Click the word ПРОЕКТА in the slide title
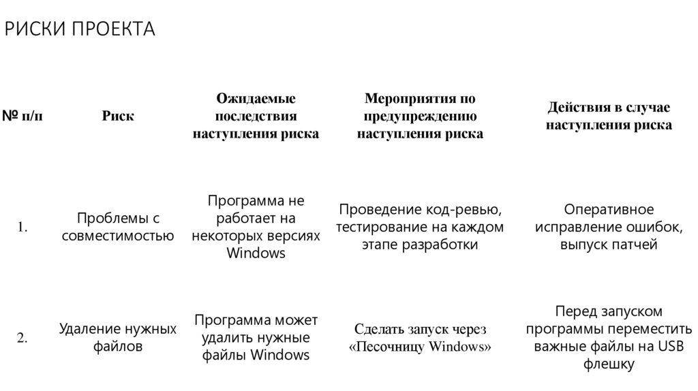(115, 29)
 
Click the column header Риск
(118, 116)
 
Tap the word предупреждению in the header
(420, 116)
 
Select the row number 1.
(22, 228)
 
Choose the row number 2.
(22, 338)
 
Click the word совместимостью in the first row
(118, 236)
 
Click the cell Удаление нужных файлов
(118, 338)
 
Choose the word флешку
(609, 364)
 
